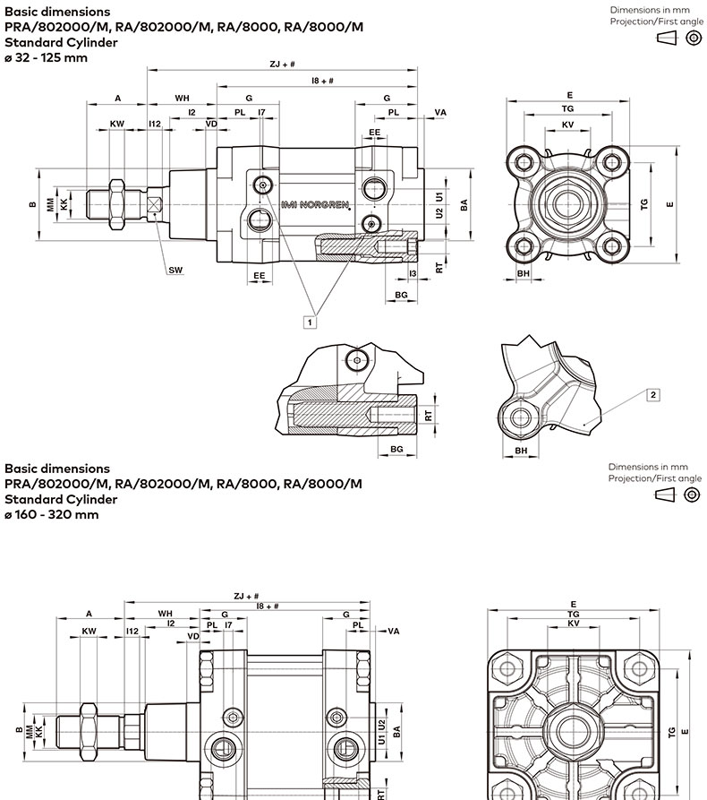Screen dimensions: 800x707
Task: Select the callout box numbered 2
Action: click(x=653, y=395)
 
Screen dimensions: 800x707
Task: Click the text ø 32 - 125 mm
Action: click(x=47, y=57)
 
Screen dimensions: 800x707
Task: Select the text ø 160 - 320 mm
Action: click(x=52, y=514)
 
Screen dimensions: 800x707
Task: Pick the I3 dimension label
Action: click(x=413, y=273)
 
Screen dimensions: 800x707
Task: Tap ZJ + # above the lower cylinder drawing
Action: click(x=246, y=596)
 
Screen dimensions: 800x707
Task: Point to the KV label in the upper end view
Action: click(x=568, y=124)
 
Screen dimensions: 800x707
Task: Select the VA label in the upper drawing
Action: click(x=439, y=112)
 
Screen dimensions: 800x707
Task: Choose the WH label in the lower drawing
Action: click(x=165, y=613)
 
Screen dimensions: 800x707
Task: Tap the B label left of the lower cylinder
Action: click(x=19, y=729)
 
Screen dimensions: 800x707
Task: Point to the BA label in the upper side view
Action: click(x=464, y=204)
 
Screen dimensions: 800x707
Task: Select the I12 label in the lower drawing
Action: click(x=132, y=631)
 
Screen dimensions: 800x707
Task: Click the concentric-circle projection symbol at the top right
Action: click(x=692, y=38)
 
